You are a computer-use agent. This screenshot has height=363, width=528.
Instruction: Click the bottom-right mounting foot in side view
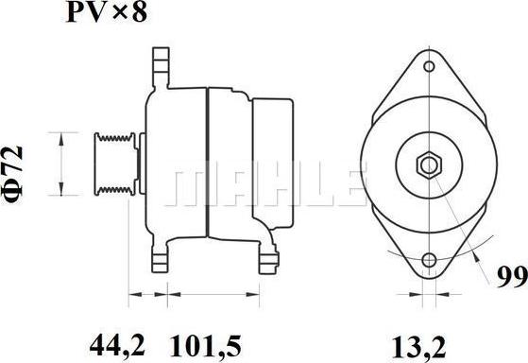point(267,257)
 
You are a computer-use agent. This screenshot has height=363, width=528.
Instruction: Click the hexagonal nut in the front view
point(428,164)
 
